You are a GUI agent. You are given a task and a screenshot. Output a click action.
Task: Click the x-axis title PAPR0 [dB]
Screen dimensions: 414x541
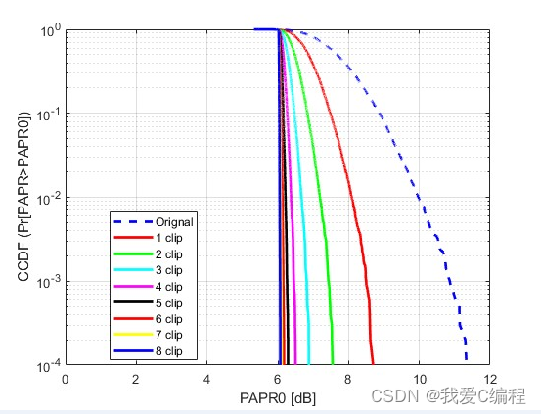[x=277, y=399]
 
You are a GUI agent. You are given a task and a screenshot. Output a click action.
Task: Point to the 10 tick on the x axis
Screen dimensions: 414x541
[x=420, y=380]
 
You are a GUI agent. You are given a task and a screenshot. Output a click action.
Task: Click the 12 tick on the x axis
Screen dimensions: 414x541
[x=490, y=380]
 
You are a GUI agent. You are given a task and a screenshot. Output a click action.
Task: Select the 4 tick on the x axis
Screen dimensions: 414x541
[x=206, y=380]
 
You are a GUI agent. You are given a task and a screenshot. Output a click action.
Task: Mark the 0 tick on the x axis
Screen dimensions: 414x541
[x=66, y=380]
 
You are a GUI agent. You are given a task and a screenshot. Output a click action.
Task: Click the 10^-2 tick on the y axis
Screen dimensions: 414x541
[x=45, y=198]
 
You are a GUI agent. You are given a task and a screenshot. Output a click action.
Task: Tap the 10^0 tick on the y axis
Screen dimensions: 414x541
[x=47, y=30]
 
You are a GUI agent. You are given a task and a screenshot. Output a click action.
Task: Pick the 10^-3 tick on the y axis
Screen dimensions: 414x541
[x=45, y=282]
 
